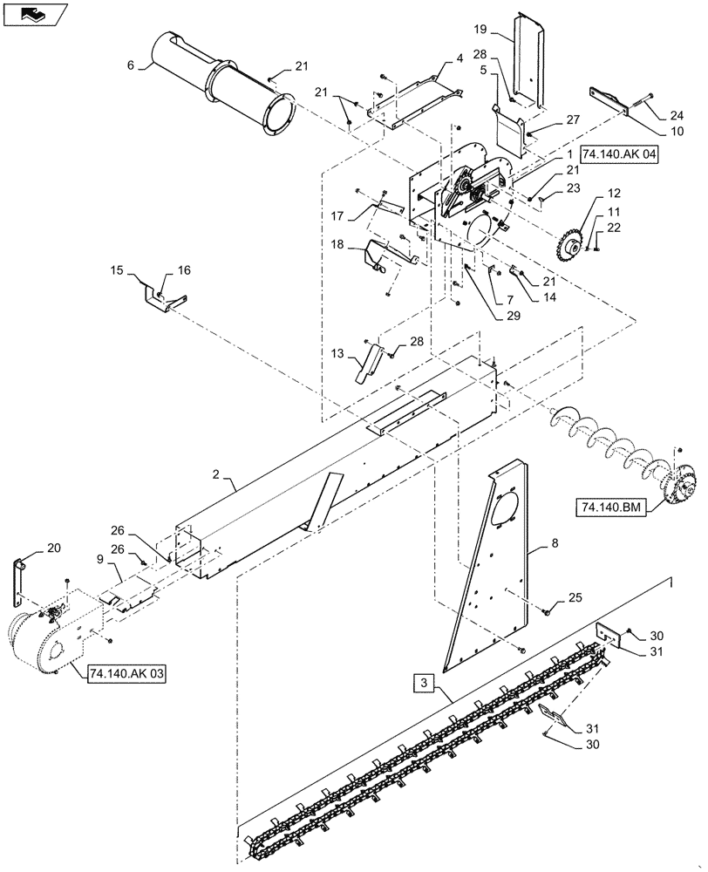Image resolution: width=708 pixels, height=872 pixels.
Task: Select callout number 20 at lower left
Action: pos(53,548)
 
